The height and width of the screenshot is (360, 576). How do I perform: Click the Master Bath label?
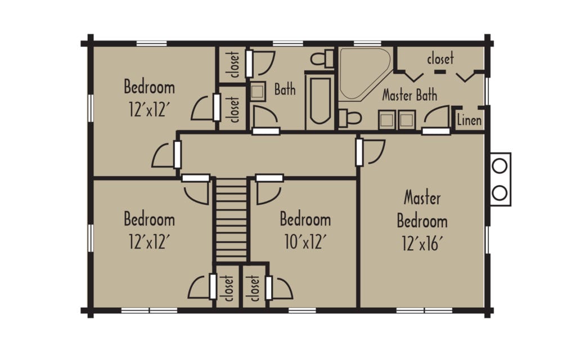(x=409, y=95)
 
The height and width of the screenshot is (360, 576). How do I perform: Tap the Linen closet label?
(x=469, y=120)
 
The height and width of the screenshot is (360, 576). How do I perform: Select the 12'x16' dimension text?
(x=422, y=243)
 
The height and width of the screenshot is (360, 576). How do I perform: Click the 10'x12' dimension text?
(x=305, y=241)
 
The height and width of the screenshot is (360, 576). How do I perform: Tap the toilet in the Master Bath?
(x=349, y=118)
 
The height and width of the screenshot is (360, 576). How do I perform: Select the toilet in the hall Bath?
(x=322, y=58)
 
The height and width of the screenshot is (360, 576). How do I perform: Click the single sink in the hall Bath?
(x=258, y=92)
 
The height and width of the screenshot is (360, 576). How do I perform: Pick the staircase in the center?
(x=231, y=220)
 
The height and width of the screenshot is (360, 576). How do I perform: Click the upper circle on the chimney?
(x=499, y=166)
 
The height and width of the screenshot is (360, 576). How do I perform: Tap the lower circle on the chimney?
(x=499, y=192)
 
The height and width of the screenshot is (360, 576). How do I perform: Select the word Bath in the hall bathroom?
(x=285, y=89)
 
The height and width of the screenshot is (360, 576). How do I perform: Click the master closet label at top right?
(x=440, y=58)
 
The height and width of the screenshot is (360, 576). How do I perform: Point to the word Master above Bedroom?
(x=422, y=197)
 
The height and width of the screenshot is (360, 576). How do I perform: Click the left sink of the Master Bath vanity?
(x=387, y=120)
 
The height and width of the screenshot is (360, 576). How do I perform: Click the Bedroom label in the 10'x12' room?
(x=305, y=219)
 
